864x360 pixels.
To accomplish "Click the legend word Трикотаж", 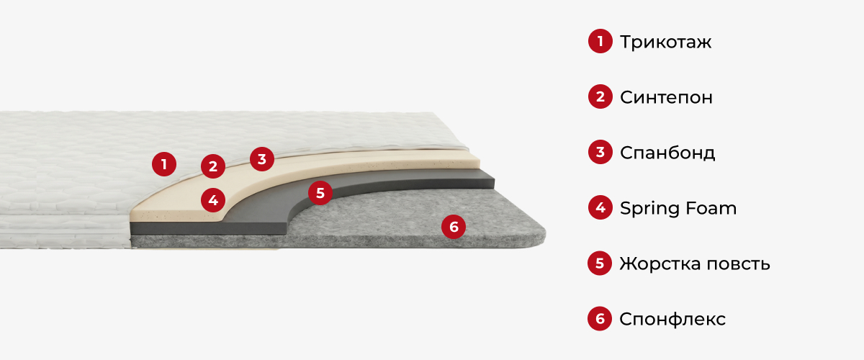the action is tap(665, 42).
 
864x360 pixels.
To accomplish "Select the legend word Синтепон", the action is tap(666, 97).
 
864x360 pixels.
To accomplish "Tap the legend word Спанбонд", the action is tap(667, 153).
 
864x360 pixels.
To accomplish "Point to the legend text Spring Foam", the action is tap(678, 208).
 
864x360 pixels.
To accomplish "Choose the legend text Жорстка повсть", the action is tap(695, 264).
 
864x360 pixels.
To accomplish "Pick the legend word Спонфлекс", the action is tap(672, 320).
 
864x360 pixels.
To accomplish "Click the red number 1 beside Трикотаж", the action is tap(600, 41).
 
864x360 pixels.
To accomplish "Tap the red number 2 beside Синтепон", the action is tap(600, 96).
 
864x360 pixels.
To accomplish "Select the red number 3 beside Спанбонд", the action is tap(600, 152).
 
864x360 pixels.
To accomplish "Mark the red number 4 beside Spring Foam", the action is tap(600, 207).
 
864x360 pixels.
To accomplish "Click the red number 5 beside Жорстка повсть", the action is tap(600, 263).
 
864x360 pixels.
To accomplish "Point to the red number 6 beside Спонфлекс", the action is tap(600, 319).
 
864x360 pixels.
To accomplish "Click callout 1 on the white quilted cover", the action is tap(164, 164).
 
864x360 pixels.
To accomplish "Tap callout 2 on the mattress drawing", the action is tap(213, 166).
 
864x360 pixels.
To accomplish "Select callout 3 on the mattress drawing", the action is tap(262, 159).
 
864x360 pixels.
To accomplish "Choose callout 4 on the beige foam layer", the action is tap(213, 200).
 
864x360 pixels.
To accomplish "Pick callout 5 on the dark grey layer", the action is tap(320, 193).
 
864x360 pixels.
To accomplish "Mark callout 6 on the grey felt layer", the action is tap(454, 227).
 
